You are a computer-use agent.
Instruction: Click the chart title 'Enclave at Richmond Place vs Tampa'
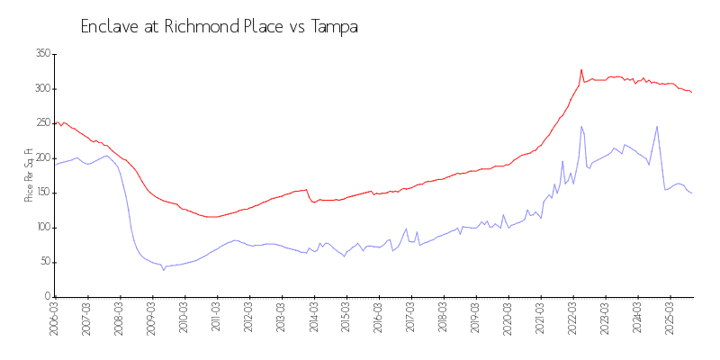coord(220,27)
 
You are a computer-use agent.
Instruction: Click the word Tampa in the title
coord(335,27)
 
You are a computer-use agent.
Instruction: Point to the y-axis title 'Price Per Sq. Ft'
coord(29,175)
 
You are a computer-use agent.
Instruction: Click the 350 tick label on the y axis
coord(41,54)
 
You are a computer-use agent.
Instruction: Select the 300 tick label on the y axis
coord(41,89)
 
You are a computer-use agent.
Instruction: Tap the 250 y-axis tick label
coord(41,123)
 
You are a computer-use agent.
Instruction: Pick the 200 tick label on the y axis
coord(41,158)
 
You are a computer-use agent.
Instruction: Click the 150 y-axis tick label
coord(41,193)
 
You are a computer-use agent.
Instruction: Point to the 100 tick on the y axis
coord(41,228)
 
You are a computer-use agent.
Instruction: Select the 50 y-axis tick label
coord(43,262)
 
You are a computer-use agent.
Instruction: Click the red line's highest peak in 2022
coord(581,69)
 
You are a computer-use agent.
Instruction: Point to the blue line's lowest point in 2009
coord(164,269)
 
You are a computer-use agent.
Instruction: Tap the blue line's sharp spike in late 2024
coord(657,127)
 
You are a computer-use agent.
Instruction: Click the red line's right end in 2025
coord(691,93)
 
